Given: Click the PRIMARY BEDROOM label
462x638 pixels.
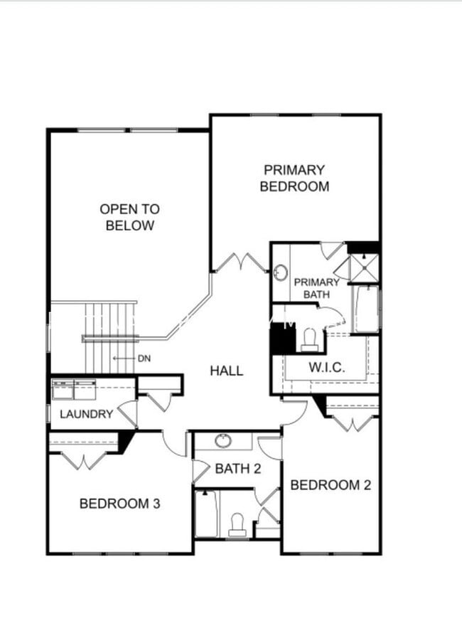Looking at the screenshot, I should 294,178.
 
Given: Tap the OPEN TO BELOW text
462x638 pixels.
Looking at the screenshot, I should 129,217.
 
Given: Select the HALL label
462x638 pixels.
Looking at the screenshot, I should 226,370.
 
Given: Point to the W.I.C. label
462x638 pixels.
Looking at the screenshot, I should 326,368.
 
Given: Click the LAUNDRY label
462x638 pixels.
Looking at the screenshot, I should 86,414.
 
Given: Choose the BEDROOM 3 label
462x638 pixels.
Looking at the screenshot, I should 119,504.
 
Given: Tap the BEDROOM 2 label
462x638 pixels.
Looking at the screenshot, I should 331,485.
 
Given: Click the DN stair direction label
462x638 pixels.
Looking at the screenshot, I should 145,358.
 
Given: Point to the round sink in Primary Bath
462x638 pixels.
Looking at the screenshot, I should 281,272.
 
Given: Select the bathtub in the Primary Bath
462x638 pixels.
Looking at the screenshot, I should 366,309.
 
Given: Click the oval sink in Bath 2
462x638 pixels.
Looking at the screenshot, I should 223,440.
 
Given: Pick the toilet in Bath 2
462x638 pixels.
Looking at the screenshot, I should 237,524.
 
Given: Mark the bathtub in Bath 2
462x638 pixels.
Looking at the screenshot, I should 207,514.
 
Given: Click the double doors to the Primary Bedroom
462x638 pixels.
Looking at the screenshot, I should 240,262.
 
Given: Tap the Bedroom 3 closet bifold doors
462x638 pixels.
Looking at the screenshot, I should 83,461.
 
